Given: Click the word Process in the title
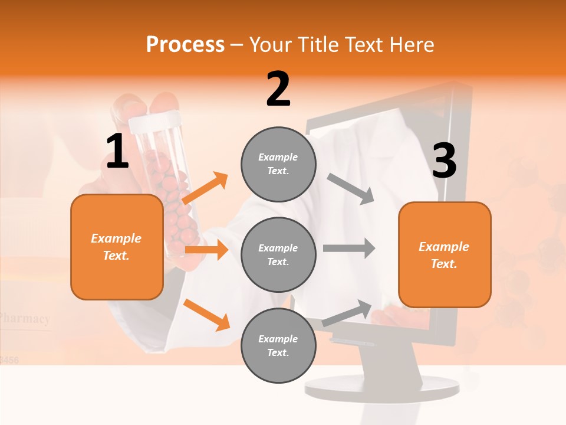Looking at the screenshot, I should pyautogui.click(x=185, y=45).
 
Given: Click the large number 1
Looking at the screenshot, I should pyautogui.click(x=117, y=152).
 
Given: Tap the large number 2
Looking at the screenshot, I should pyautogui.click(x=278, y=89).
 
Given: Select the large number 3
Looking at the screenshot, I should pyautogui.click(x=444, y=161).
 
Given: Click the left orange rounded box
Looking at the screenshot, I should pyautogui.click(x=117, y=247).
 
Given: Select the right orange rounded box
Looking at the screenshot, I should pyautogui.click(x=445, y=255).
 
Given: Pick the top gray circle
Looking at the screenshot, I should pyautogui.click(x=278, y=164).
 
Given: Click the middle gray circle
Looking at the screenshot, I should pyautogui.click(x=278, y=254).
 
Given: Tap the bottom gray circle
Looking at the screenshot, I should pyautogui.click(x=278, y=345).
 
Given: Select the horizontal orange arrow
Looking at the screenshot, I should pyautogui.click(x=206, y=250).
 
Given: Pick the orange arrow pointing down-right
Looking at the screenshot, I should pyautogui.click(x=206, y=314).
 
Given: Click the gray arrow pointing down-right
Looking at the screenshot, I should pyautogui.click(x=351, y=189).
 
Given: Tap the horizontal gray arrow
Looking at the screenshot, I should pyautogui.click(x=348, y=248).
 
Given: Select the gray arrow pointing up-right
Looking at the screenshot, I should pyautogui.click(x=347, y=313).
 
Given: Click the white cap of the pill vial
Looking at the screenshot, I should pyautogui.click(x=153, y=122).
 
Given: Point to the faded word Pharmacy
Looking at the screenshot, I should pyautogui.click(x=25, y=319).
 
